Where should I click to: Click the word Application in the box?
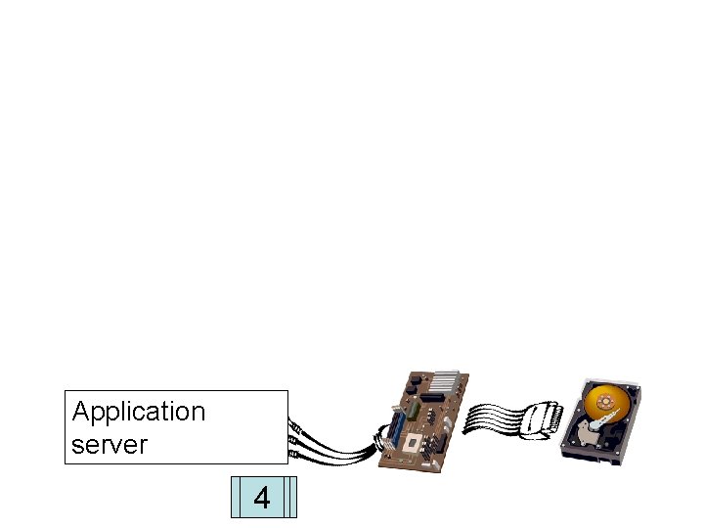139,412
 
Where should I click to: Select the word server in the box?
110,445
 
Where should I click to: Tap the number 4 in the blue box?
261,498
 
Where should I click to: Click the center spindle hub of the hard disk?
604,402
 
